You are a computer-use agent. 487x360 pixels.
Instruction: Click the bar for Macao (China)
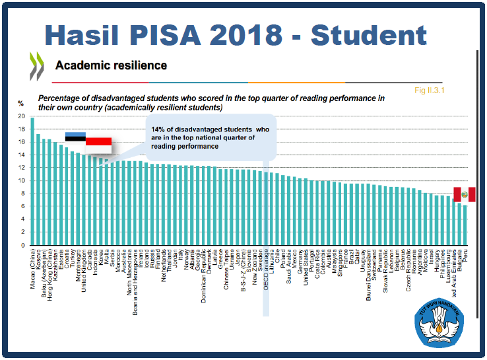(32, 182)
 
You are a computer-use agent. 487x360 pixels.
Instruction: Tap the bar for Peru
(465, 225)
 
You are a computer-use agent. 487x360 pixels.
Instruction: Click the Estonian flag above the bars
(75, 137)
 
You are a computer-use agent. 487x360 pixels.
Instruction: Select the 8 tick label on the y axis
(23, 194)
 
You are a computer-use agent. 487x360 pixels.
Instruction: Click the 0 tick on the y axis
(23, 245)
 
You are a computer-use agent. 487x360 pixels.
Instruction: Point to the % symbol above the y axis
(20, 103)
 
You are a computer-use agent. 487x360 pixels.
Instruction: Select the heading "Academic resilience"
(111, 65)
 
